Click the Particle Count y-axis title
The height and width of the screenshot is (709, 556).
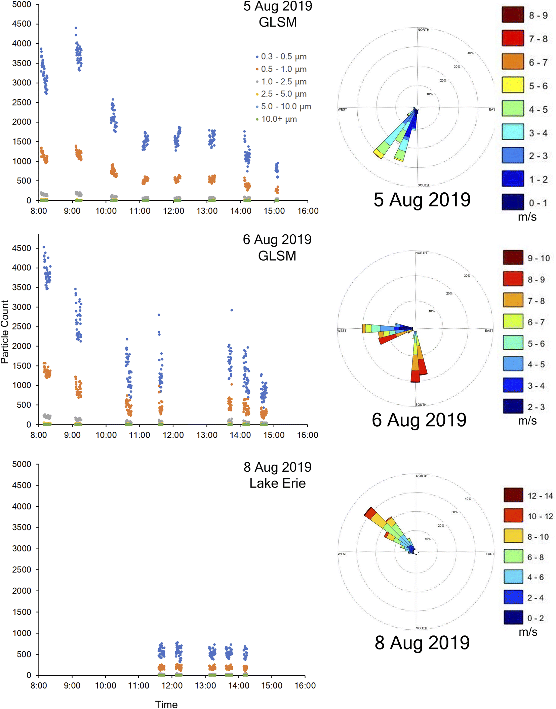5,332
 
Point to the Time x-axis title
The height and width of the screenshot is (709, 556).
166,704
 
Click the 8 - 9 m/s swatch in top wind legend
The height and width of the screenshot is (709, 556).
513,15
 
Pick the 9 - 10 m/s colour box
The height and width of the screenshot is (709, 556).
513,258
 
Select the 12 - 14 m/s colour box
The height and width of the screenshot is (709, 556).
513,495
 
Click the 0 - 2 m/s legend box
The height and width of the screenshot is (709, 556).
513,617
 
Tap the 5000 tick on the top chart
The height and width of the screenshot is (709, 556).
22,5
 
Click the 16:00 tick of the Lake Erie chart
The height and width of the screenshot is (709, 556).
305,685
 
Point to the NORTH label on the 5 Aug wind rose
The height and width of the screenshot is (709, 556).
423,30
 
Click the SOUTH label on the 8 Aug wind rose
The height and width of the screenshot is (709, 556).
422,628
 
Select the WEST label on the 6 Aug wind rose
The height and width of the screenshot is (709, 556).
342,331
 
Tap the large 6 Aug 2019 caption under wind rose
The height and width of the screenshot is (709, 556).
419,420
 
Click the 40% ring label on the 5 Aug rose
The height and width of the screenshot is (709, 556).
470,53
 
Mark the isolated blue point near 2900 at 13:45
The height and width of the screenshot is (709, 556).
232,310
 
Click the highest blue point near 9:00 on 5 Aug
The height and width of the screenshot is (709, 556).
76,28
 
